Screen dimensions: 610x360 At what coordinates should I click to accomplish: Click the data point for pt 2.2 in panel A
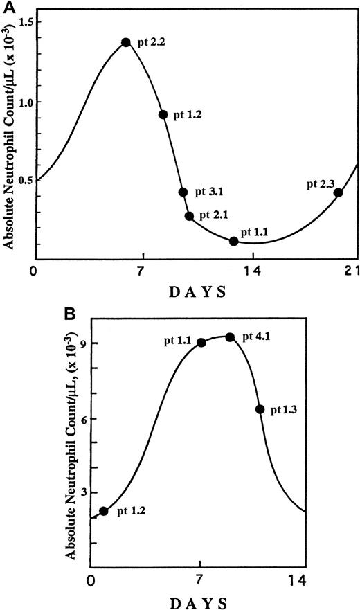(126, 42)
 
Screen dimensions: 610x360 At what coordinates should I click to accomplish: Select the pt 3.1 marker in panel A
(183, 192)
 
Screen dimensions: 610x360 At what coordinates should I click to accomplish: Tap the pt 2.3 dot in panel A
(338, 192)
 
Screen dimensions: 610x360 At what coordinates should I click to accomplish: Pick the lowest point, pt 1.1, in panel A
(234, 241)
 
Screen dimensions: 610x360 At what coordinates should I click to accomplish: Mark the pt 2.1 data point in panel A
(189, 216)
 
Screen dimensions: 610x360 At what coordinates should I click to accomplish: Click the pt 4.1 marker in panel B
(230, 337)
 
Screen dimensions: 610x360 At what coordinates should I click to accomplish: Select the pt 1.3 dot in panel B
(260, 409)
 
